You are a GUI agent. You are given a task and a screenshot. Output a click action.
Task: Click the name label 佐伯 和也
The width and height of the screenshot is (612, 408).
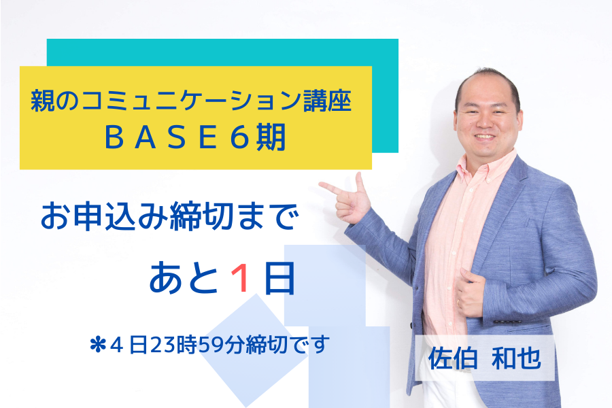click(485, 358)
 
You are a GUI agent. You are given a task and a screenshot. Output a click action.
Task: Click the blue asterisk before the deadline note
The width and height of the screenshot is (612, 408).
click(97, 345)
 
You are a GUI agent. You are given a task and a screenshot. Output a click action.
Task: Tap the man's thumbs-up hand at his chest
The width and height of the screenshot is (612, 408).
click(471, 291)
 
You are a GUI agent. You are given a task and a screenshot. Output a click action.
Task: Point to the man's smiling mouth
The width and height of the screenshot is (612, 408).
click(485, 137)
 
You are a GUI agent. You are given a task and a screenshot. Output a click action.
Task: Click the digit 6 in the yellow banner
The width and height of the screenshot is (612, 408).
click(239, 137)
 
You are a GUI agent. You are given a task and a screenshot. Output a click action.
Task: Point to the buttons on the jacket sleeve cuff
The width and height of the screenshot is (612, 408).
click(508, 322)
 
